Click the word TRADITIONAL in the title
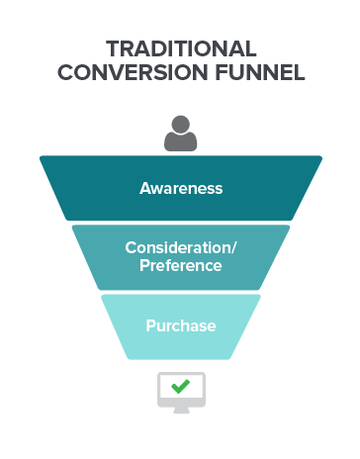tap(180, 49)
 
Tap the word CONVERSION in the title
tap(125, 73)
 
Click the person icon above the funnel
tap(180, 134)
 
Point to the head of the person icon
tap(180, 126)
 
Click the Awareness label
tap(180, 188)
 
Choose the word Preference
tap(180, 265)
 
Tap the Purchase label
tap(180, 325)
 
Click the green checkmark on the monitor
tap(180, 387)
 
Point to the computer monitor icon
tap(180, 392)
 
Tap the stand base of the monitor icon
tap(180, 410)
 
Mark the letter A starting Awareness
tap(145, 188)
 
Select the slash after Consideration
tap(233, 247)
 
